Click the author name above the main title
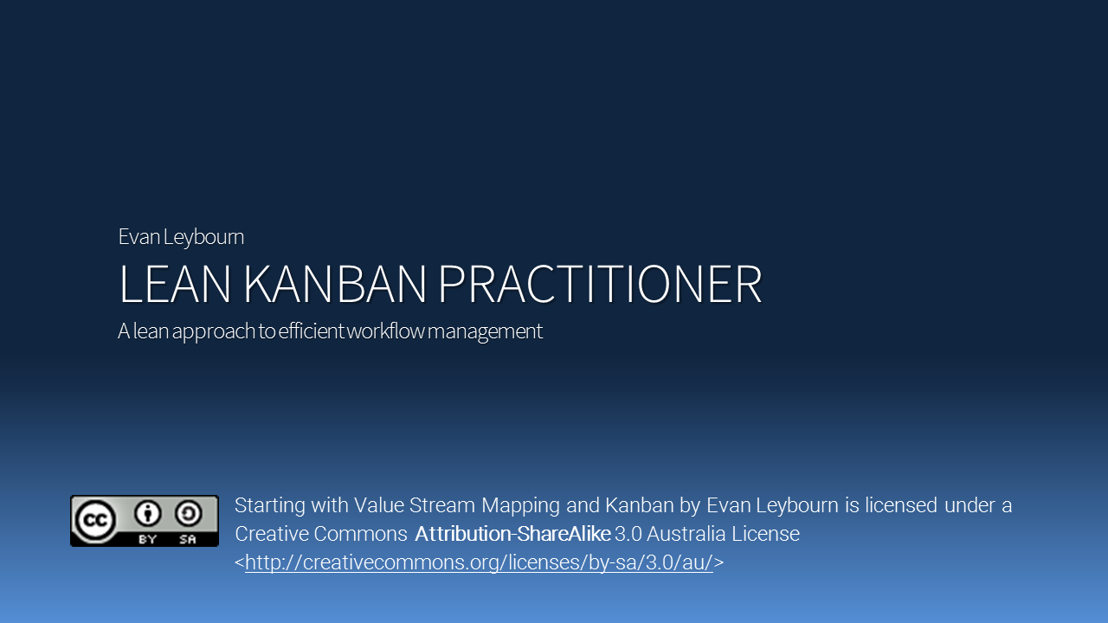[181, 237]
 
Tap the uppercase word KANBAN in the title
[334, 284]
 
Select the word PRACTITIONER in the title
[600, 284]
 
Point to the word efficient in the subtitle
[311, 331]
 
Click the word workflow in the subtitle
[385, 331]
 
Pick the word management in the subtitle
[485, 331]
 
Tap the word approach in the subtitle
[213, 331]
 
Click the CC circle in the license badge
[94, 521]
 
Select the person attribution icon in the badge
[147, 513]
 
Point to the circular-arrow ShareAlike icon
[188, 513]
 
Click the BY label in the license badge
[147, 539]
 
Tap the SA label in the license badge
[188, 539]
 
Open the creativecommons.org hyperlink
[479, 562]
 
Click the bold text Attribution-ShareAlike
[513, 534]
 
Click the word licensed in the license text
[901, 505]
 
